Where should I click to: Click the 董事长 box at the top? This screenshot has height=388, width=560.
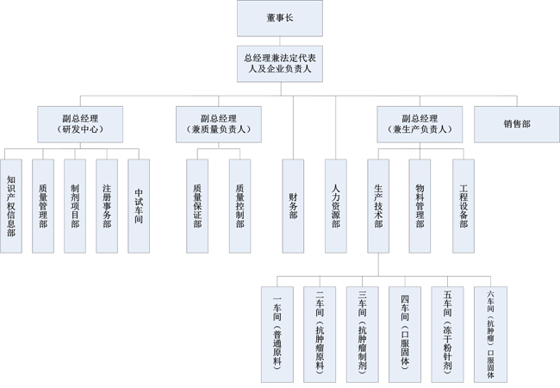[x=279, y=18]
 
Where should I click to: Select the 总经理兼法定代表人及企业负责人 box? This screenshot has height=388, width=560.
[x=279, y=64]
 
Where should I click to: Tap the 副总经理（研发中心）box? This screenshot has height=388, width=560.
[x=80, y=123]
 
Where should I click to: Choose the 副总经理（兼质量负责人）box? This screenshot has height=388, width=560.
[x=218, y=123]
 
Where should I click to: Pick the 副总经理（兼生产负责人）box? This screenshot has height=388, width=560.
[x=420, y=123]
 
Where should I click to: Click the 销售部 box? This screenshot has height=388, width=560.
[x=517, y=123]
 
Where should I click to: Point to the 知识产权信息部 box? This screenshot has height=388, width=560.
[x=11, y=205]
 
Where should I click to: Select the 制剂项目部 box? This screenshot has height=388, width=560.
[x=75, y=205]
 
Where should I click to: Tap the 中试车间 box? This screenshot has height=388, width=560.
[x=139, y=205]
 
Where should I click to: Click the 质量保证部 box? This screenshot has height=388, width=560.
[x=197, y=205]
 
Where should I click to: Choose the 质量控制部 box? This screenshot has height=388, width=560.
[x=240, y=205]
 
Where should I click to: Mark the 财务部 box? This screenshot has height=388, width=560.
[x=293, y=205]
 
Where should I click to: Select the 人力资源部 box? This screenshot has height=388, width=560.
[x=335, y=205]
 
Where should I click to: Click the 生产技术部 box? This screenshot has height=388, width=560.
[x=377, y=205]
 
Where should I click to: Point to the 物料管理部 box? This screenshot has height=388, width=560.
[x=420, y=205]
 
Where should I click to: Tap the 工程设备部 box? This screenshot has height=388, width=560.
[x=463, y=205]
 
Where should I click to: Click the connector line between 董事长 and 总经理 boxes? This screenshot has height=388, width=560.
[x=279, y=41]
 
